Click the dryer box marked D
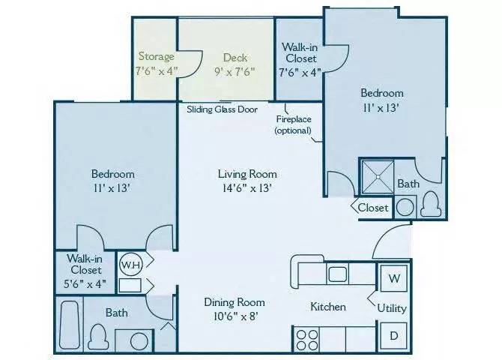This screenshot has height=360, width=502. click(393, 335)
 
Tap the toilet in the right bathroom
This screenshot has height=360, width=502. click(431, 203)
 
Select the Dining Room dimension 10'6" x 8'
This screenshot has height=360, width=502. click(235, 316)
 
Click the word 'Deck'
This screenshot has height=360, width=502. click(235, 57)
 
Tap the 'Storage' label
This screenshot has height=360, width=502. click(156, 57)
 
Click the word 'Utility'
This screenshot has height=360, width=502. click(392, 307)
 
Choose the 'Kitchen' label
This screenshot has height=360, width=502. click(328, 307)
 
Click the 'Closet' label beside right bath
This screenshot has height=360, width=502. click(372, 208)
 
